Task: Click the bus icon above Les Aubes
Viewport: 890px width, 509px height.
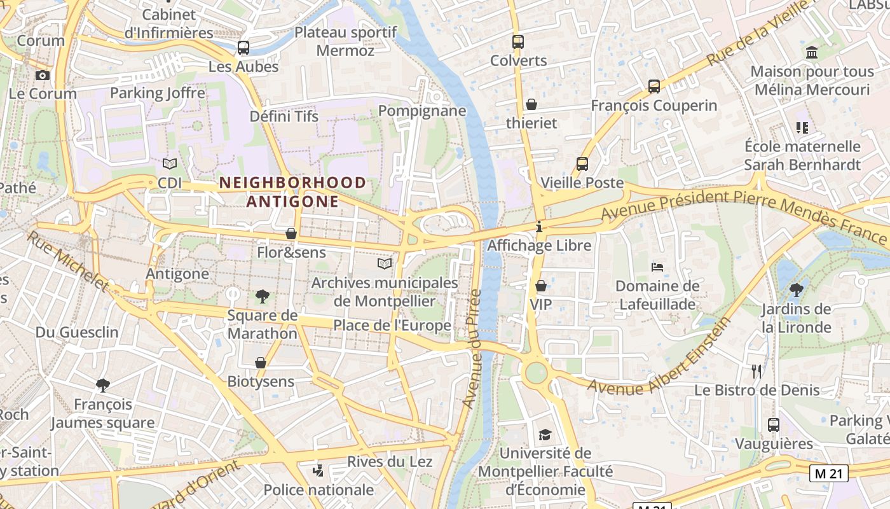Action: point(243,48)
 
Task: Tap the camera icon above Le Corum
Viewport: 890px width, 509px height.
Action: point(43,75)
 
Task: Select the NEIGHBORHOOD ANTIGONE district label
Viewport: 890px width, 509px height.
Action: point(293,192)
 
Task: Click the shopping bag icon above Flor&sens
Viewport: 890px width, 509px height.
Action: point(291,234)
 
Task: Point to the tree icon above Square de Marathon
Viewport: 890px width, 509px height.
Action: point(262,296)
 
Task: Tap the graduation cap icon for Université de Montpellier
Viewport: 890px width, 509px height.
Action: point(545,435)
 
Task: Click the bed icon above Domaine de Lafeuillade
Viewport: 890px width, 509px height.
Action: point(657,267)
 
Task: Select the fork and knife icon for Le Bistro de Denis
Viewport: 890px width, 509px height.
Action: point(756,371)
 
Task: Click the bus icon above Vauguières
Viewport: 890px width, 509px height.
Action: point(774,424)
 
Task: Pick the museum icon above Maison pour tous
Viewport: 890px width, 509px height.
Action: point(812,52)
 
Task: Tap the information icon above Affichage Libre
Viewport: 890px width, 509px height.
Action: point(539,226)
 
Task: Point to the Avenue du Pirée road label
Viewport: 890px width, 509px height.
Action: point(472,349)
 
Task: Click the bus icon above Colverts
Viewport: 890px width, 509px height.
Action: point(518,42)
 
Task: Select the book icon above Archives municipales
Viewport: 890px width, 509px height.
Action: point(385,263)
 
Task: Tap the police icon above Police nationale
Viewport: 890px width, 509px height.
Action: point(318,471)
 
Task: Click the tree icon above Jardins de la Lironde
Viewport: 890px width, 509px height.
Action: point(796,290)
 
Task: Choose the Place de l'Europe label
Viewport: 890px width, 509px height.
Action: point(392,326)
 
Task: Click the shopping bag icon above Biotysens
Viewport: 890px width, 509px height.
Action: point(261,363)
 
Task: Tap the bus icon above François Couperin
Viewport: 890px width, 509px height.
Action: point(654,87)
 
